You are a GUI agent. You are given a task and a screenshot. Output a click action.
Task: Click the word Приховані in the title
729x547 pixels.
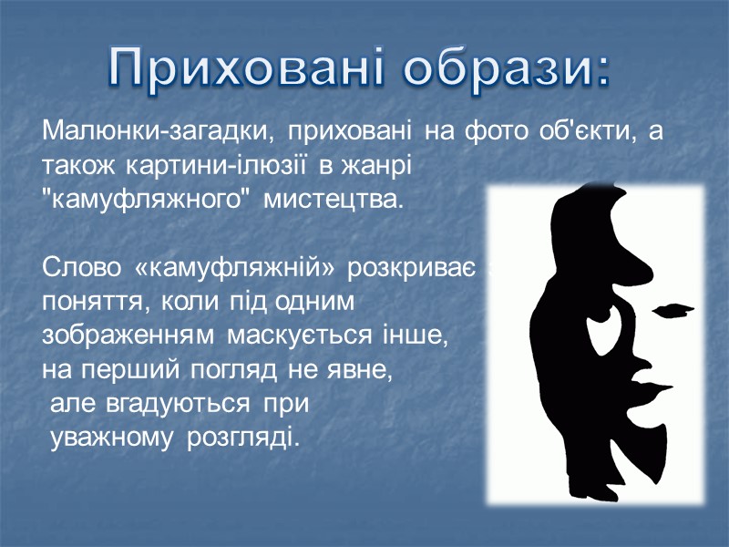(x=247, y=69)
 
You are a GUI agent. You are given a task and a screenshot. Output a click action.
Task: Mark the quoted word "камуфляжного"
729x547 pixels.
(x=146, y=200)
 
